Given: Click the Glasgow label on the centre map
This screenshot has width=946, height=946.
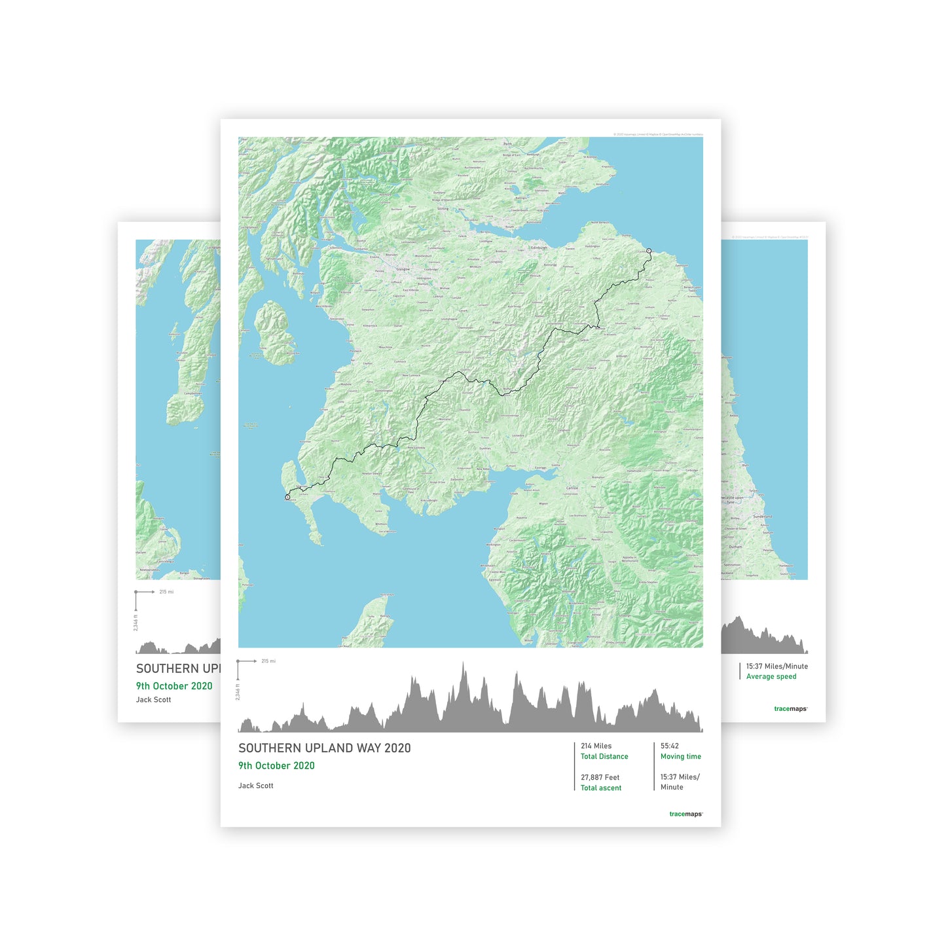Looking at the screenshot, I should point(403,269).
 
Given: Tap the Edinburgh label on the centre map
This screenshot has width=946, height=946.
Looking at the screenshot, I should point(539,248).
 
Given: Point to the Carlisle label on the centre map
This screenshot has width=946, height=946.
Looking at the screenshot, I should point(572,488).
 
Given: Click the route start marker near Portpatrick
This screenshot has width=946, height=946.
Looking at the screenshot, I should point(287,498).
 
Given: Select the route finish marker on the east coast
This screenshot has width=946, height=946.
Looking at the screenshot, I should point(649,251).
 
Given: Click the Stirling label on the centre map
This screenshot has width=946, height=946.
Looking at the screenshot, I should point(443,209).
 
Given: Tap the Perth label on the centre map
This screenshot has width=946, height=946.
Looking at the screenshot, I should point(507,143).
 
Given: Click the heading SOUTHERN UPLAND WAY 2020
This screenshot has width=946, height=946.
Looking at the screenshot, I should point(324,748).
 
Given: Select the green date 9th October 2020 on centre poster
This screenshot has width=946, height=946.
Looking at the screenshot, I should point(276,766).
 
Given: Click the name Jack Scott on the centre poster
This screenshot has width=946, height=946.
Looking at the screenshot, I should point(256,786).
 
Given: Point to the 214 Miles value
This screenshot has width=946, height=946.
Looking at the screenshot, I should point(596,746).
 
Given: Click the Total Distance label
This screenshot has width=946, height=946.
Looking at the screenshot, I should point(604,757).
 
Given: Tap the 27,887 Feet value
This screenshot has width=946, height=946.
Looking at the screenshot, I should point(600,778).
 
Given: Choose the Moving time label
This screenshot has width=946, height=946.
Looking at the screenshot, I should point(680,757).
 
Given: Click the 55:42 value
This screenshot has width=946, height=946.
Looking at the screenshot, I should point(669,746).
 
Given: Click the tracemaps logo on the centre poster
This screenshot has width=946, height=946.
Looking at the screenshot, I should point(685,814).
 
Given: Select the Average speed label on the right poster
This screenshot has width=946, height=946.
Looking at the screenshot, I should point(771,677).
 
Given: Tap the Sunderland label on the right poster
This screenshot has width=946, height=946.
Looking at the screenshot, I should point(762,517).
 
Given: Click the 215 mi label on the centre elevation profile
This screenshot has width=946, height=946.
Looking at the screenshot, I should point(268,661).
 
